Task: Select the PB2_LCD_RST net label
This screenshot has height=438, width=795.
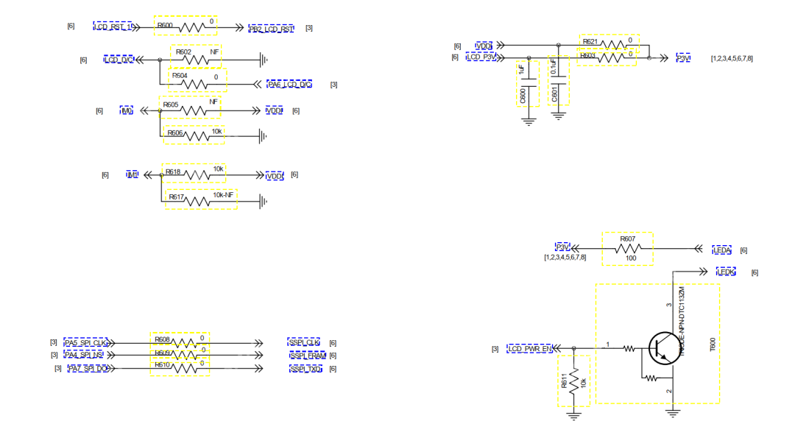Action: (x=271, y=29)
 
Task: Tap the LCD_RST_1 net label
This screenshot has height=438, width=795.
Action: (x=113, y=27)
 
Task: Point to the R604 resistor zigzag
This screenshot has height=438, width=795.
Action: (x=197, y=84)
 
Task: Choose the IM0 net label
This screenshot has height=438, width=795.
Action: (x=127, y=111)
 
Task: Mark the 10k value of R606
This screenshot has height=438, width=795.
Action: (x=216, y=132)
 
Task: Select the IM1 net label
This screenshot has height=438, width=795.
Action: (x=132, y=175)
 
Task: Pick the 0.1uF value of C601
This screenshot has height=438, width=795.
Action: (x=554, y=71)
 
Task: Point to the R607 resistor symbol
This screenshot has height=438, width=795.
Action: (x=627, y=249)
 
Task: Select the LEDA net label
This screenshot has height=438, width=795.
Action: (x=722, y=250)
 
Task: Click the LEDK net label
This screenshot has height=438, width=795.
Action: (x=727, y=272)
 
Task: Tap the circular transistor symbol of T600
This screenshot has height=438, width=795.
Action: (x=664, y=348)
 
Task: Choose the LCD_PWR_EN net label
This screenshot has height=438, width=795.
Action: (x=530, y=349)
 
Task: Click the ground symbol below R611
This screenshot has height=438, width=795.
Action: (x=574, y=414)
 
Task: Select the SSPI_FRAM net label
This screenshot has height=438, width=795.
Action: (x=308, y=356)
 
